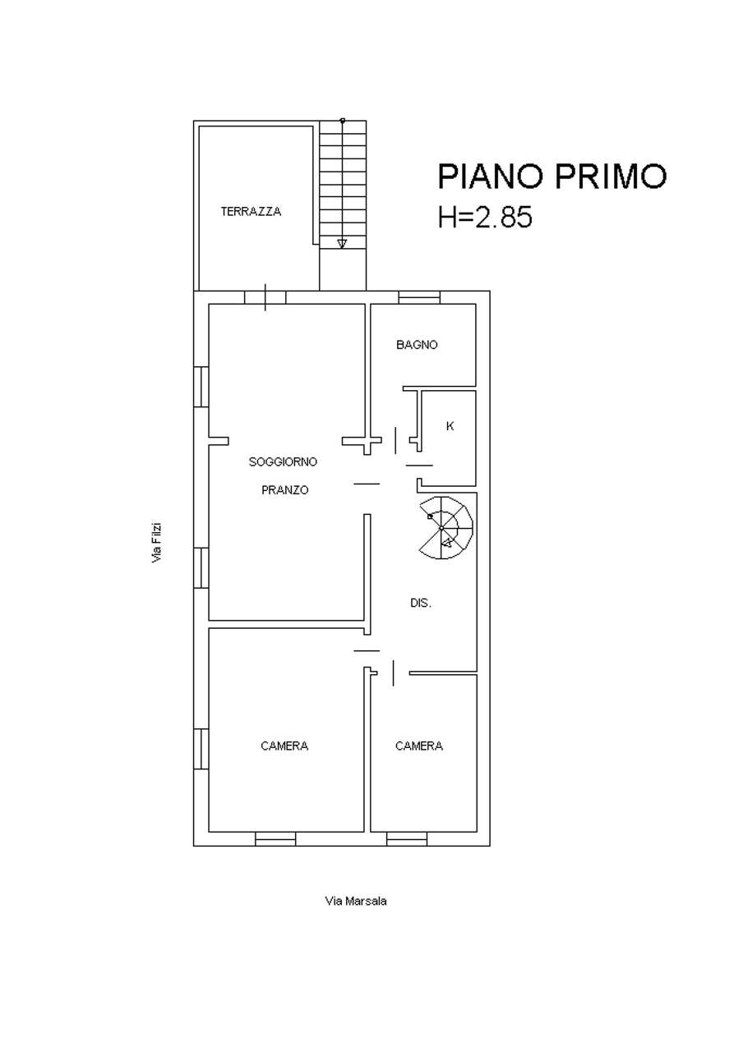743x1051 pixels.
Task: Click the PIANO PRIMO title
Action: [x=551, y=176]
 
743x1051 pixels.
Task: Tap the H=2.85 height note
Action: [x=485, y=217]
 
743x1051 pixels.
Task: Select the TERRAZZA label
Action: [x=251, y=212]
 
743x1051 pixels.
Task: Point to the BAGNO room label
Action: [x=417, y=345]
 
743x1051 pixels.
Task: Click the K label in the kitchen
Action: [x=450, y=426]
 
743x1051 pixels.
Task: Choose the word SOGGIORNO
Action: [x=283, y=461]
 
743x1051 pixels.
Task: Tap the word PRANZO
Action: [x=284, y=490]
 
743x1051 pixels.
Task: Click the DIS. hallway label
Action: [x=421, y=603]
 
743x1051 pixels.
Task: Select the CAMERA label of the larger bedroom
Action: [x=284, y=746]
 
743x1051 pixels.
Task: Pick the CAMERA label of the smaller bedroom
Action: [x=419, y=746]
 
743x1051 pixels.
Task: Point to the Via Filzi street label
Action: [x=156, y=543]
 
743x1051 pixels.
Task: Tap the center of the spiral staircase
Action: [x=442, y=528]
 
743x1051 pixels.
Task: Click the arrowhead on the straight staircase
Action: [x=342, y=244]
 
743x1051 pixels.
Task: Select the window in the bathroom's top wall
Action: [x=419, y=297]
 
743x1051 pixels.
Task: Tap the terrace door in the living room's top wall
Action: [x=265, y=297]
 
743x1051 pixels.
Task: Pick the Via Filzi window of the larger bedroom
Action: [x=201, y=749]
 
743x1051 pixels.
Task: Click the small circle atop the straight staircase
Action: [x=343, y=121]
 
